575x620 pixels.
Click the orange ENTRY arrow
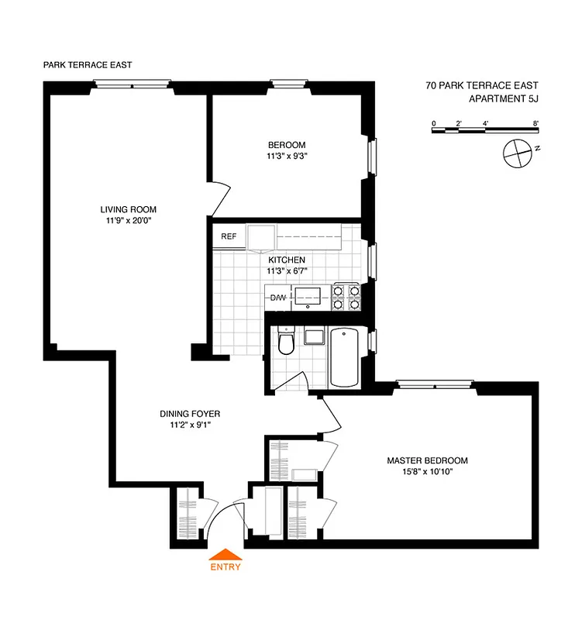pos(226,554)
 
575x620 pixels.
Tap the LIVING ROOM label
pos(129,209)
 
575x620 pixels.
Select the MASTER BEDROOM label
pos(427,460)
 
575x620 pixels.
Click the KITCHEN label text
pos(287,260)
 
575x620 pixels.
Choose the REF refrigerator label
pos(229,236)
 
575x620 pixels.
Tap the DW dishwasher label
pos(277,298)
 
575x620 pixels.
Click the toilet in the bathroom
pos(286,341)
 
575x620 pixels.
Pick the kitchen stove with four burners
pos(346,297)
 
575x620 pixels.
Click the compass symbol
pos(516,153)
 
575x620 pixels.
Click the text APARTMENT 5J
pos(504,99)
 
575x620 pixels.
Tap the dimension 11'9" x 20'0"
pos(129,221)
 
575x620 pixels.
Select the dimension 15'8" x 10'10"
pos(427,472)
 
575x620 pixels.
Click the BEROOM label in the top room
pos(287,145)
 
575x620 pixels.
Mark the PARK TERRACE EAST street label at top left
pos(88,65)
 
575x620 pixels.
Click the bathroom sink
pos(314,336)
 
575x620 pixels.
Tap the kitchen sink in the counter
pos(310,295)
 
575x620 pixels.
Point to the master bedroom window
pos(434,382)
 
